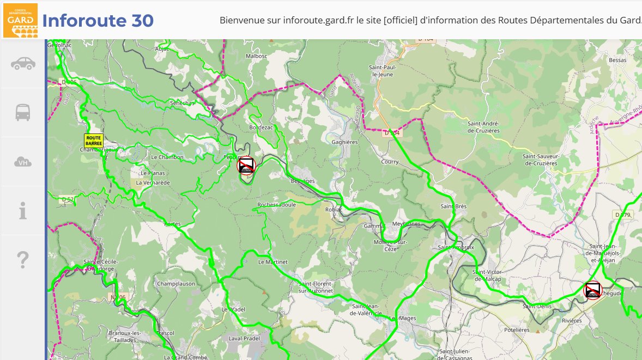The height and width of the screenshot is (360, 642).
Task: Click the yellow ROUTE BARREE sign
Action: coord(93,141)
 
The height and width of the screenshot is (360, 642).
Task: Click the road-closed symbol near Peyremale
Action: coord(246,165)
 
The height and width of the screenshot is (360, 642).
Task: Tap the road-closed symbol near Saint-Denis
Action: coord(592,290)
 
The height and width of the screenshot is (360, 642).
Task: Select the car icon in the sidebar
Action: coord(23,64)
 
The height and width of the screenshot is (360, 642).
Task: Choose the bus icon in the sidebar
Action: coord(23,112)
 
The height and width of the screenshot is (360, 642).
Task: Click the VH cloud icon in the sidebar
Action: coord(23,162)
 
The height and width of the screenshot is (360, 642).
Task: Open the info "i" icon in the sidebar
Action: coord(23,210)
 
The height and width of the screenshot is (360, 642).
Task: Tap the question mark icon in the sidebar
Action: coord(23,260)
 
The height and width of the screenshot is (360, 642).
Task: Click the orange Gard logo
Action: coord(20,20)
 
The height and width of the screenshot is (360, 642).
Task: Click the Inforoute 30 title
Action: coord(98,21)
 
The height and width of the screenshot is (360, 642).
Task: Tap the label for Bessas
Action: coord(617,60)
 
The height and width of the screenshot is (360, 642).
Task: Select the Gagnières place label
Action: coord(344,142)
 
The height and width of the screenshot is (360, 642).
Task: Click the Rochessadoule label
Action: coord(276,205)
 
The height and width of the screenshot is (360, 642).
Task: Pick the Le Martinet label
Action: coord(272,262)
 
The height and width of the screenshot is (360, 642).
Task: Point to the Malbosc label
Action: coord(257,56)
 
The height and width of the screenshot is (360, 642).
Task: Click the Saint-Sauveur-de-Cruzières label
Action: coord(541,160)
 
